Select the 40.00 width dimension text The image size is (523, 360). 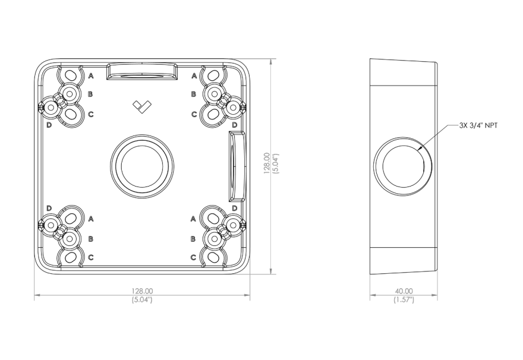[x=404, y=291]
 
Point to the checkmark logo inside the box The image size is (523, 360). [x=142, y=106]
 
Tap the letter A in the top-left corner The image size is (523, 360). [x=92, y=76]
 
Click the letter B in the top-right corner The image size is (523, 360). [x=194, y=94]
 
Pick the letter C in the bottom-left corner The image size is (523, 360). [x=91, y=257]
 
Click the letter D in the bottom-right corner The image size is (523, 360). [x=235, y=208]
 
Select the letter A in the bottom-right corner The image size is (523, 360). [x=194, y=219]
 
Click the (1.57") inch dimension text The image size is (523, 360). [x=404, y=299]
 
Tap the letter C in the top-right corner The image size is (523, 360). [x=194, y=113]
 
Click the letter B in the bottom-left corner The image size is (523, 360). [x=91, y=238]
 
